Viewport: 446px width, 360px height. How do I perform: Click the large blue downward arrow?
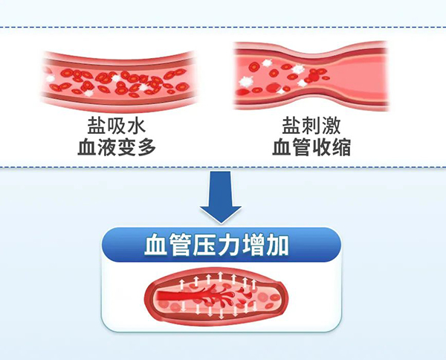(x=222, y=196)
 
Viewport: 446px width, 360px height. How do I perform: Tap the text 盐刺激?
(x=311, y=123)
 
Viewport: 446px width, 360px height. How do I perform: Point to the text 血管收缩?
(x=311, y=147)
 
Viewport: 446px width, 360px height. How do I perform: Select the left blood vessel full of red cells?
(x=116, y=79)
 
